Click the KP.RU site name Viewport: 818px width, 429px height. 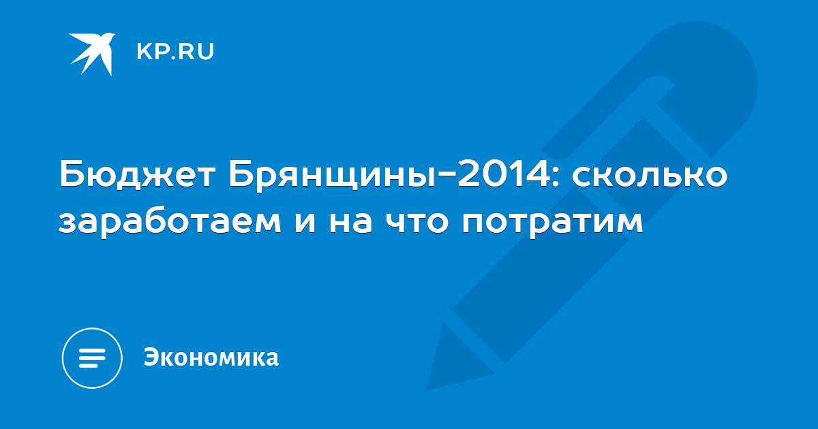tap(175, 52)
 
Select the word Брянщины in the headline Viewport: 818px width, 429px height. tap(331, 176)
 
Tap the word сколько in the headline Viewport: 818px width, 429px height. tap(649, 174)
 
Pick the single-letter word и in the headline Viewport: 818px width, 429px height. tap(305, 222)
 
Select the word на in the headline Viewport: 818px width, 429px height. tap(350, 222)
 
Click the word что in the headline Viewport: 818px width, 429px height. tap(417, 222)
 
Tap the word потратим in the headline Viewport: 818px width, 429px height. tap(552, 223)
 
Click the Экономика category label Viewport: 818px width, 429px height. tap(211, 357)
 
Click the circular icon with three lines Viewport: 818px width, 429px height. tap(92, 358)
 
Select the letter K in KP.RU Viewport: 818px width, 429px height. tap(144, 52)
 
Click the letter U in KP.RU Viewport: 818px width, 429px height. tap(207, 52)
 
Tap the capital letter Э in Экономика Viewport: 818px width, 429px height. tap(151, 357)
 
